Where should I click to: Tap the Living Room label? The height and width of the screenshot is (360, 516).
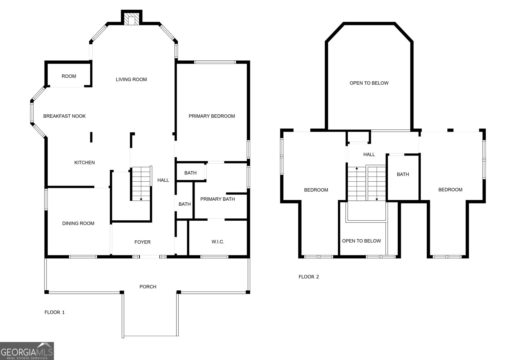[131, 79]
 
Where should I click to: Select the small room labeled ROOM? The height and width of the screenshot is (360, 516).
[69, 76]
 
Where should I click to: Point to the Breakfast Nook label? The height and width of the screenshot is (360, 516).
[64, 116]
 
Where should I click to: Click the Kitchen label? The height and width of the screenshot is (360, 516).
[84, 163]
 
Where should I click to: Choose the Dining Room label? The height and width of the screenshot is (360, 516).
[78, 223]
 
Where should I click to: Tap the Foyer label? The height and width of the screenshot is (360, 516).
[142, 242]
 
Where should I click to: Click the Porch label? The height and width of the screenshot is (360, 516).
[148, 286]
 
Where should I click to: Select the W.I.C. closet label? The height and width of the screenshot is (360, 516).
[218, 242]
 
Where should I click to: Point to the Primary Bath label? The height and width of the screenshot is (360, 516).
[217, 199]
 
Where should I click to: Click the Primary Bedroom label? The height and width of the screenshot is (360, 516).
[212, 116]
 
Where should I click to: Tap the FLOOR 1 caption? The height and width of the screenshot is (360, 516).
[55, 312]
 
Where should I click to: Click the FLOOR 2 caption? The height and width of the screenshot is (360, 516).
[309, 277]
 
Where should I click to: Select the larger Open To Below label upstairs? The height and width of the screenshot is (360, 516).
[369, 83]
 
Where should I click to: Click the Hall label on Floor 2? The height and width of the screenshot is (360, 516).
[369, 155]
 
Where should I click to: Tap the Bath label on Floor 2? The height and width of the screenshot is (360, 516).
[403, 174]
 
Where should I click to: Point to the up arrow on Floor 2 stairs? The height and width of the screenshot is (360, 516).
[357, 169]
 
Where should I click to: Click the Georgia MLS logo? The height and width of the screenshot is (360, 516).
[27, 351]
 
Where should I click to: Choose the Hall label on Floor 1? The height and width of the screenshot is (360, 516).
[163, 180]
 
